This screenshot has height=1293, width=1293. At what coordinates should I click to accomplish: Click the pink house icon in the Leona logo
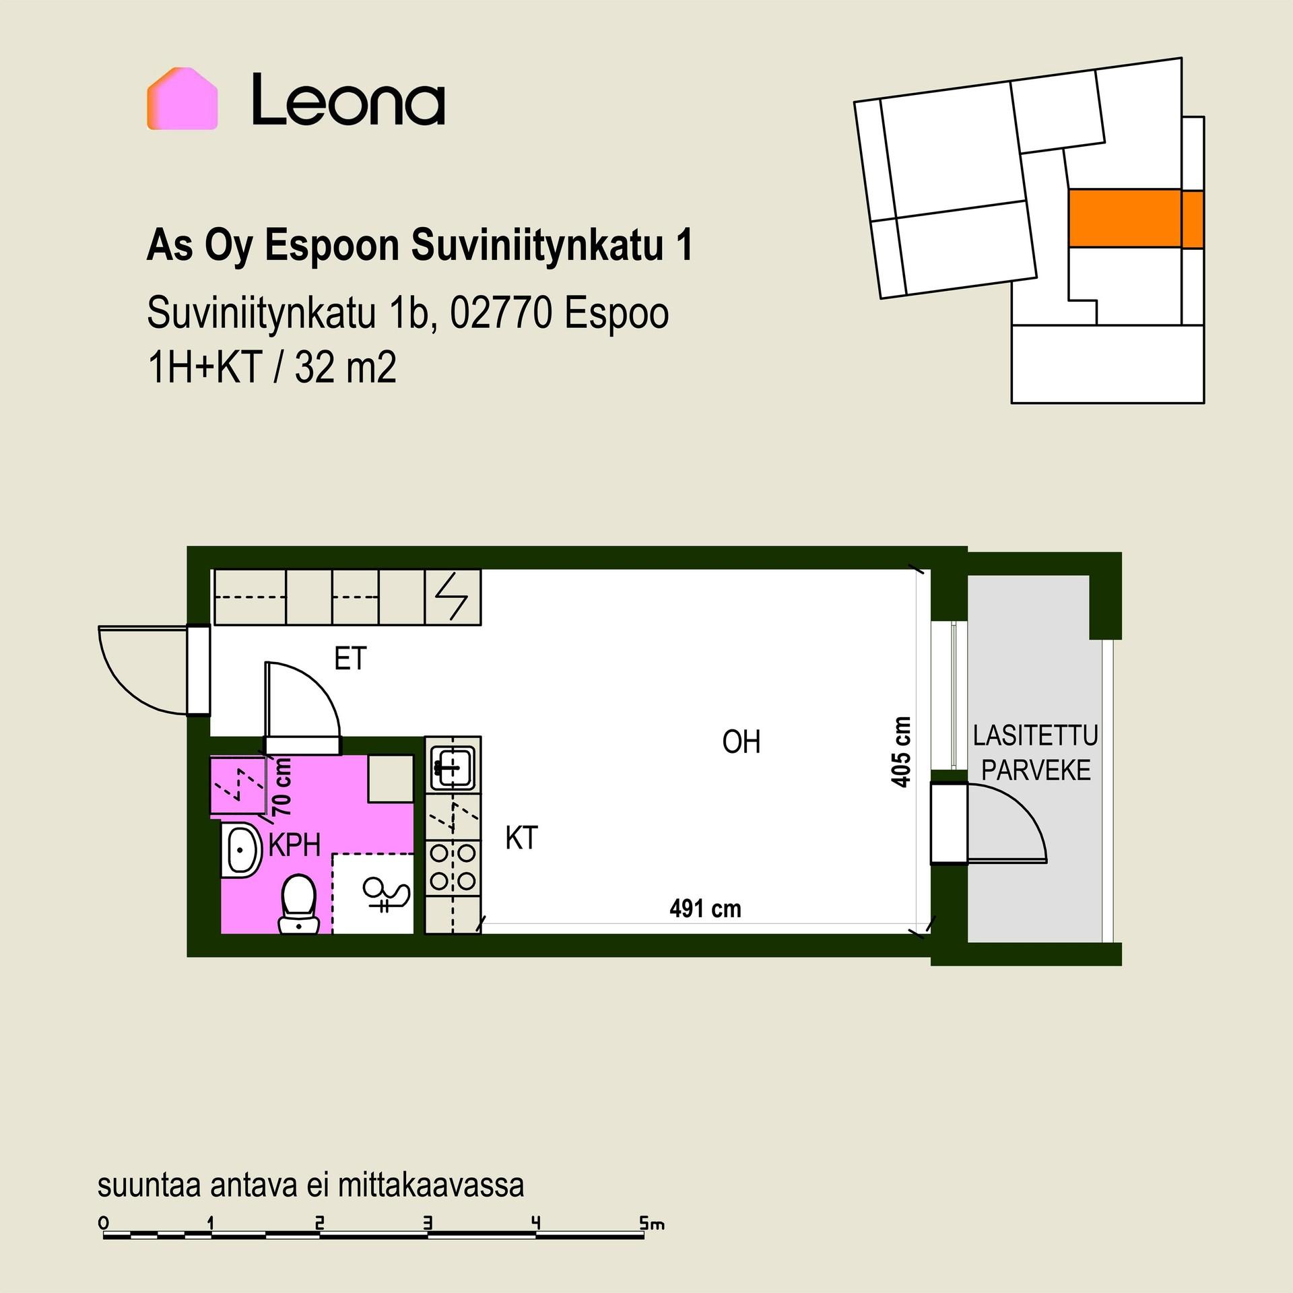tap(182, 98)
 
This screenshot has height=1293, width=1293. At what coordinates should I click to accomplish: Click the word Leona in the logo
tap(348, 100)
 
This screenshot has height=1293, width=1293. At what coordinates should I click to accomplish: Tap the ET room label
tap(350, 659)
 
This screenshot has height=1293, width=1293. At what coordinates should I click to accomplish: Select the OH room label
tap(741, 742)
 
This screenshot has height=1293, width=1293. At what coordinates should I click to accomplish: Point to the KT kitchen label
tap(521, 838)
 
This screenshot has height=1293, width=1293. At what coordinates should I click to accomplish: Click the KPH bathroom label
tap(294, 845)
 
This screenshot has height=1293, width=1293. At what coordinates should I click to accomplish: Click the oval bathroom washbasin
tap(241, 850)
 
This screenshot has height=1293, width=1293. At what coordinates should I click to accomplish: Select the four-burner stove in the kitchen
tap(453, 868)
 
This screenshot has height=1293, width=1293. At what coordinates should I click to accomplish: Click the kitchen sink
tap(453, 768)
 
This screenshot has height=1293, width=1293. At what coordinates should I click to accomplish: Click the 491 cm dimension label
tap(705, 909)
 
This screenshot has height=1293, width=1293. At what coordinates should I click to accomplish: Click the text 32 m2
tap(345, 368)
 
